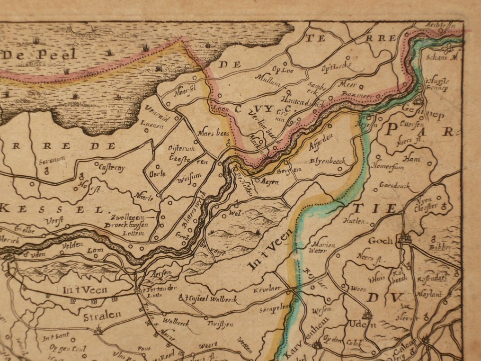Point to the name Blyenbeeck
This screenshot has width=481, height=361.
(328, 162)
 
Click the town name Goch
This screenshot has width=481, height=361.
(381, 241)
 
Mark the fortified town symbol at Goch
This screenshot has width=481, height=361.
(405, 239)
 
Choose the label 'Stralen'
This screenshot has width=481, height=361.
(102, 314)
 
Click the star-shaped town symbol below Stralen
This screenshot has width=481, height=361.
(98, 331)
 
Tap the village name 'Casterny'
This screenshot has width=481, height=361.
(112, 166)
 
